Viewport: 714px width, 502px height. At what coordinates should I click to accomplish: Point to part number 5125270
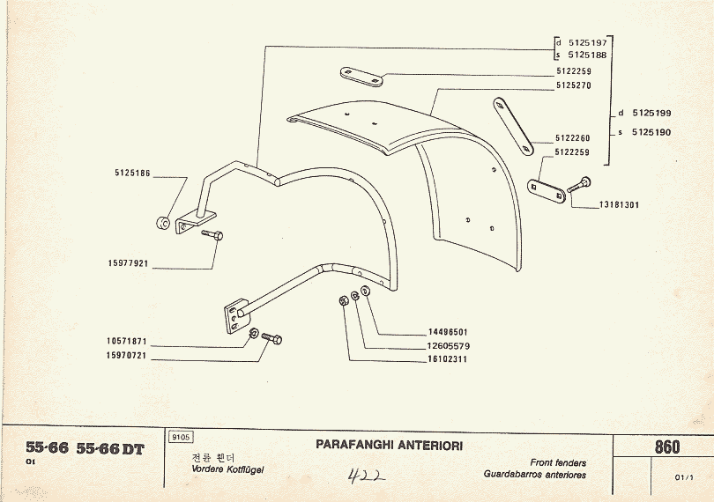click(573, 85)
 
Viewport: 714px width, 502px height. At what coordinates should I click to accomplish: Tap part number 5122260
click(573, 138)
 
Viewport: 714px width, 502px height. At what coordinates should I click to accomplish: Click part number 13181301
click(619, 204)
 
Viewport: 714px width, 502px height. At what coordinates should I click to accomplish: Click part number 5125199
click(651, 114)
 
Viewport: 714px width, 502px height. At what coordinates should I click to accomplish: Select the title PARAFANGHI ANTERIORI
click(389, 445)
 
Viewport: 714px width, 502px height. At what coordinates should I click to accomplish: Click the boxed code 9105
click(180, 437)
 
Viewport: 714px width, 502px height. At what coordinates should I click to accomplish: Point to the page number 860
click(667, 447)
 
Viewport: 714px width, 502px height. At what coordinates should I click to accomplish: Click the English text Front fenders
click(558, 462)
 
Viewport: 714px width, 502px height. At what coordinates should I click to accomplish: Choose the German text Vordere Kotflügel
click(227, 469)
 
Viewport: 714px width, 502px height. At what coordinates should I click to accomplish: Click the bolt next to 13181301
click(579, 186)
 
